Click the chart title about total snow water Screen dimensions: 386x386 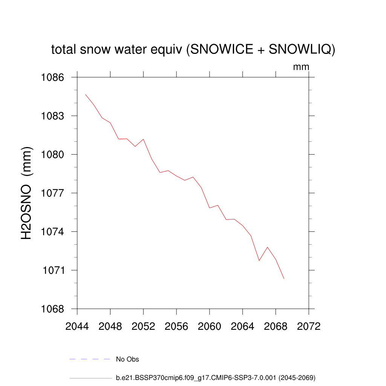pos(193,49)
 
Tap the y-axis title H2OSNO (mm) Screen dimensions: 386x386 pos(27,193)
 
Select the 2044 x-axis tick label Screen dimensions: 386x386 pos(77,326)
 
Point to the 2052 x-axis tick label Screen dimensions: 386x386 pos(143,326)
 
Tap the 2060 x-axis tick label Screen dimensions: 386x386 pos(210,326)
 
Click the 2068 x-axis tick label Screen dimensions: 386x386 pos(276,326)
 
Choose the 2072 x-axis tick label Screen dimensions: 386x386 pos(309,326)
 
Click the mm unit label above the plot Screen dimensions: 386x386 pos(301,67)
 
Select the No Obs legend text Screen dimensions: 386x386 pos(127,359)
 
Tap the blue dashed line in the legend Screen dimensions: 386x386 pos(89,359)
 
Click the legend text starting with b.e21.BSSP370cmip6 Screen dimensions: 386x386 pos(215,377)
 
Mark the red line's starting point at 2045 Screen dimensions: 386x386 pos(86,94)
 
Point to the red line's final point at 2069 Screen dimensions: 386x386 pos(284,279)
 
